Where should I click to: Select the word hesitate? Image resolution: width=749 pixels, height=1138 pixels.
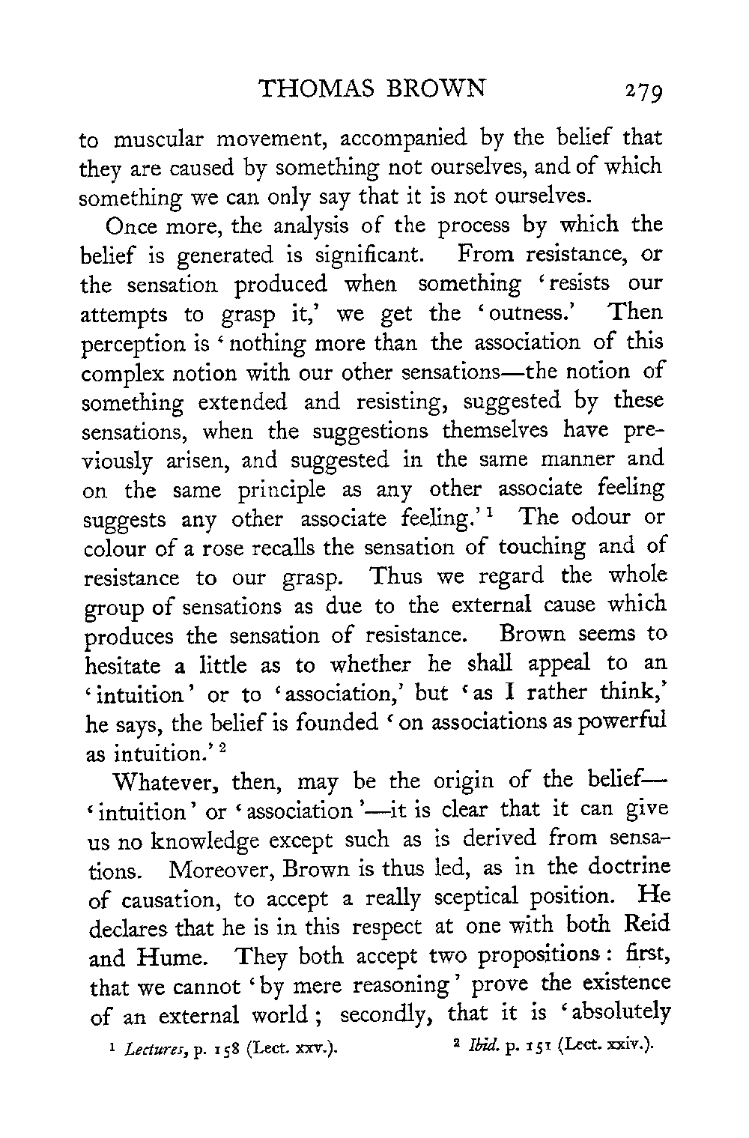coord(124,665)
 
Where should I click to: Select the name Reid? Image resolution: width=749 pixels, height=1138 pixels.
coord(642,927)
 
